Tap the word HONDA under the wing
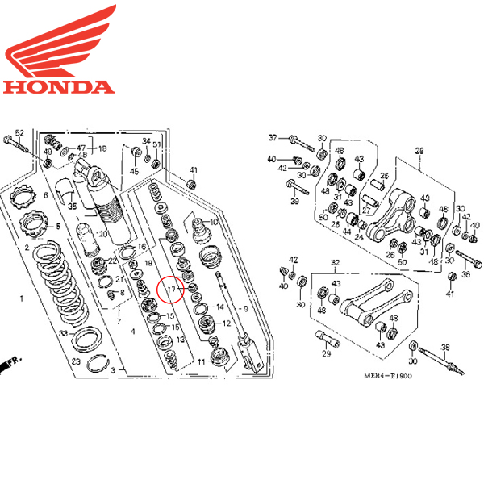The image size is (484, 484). click(x=58, y=86)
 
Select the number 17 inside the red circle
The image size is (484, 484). click(x=170, y=288)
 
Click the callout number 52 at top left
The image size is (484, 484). click(x=20, y=132)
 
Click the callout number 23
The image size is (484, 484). click(x=75, y=361)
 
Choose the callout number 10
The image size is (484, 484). click(x=214, y=222)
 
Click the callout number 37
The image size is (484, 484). click(x=273, y=137)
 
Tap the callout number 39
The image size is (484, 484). click(x=294, y=201)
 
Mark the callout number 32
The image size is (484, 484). click(x=336, y=262)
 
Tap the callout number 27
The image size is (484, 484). click(x=367, y=210)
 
